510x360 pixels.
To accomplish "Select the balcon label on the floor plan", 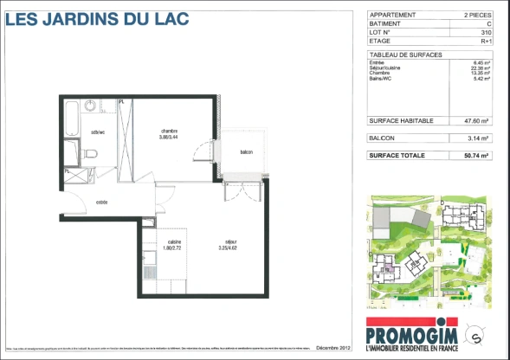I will click(x=246, y=153).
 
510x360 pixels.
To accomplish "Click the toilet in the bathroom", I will click(x=92, y=154).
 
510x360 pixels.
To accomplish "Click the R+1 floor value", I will click(x=486, y=41).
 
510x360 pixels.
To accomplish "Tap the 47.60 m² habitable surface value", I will click(x=477, y=121).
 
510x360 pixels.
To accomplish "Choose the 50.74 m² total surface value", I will click(x=477, y=155).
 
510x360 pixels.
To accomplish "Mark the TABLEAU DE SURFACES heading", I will click(x=405, y=55).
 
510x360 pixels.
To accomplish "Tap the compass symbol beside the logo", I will click(x=474, y=331).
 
